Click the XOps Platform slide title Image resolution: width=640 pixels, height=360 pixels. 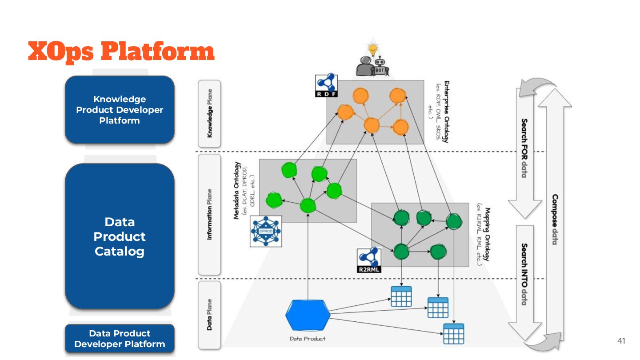click(x=121, y=52)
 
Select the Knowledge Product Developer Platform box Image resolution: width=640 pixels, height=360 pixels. click(x=120, y=110)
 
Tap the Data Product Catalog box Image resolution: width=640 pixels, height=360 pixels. click(x=120, y=236)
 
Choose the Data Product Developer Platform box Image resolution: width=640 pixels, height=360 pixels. click(x=120, y=339)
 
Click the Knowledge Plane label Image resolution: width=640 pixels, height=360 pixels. click(x=209, y=113)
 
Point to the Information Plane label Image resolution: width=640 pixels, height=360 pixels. click(x=209, y=215)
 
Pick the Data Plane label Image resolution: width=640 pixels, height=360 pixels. click(x=209, y=314)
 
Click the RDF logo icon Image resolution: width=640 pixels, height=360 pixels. click(x=327, y=85)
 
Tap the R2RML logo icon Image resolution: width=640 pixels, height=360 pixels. click(x=369, y=260)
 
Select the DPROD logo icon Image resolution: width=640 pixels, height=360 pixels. click(x=266, y=231)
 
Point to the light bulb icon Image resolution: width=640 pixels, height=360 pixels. click(x=372, y=48)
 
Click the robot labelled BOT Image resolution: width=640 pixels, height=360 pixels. click(x=381, y=67)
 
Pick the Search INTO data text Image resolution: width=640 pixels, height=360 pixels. click(x=524, y=274)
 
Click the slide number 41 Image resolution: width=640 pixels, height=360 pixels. click(x=621, y=341)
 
